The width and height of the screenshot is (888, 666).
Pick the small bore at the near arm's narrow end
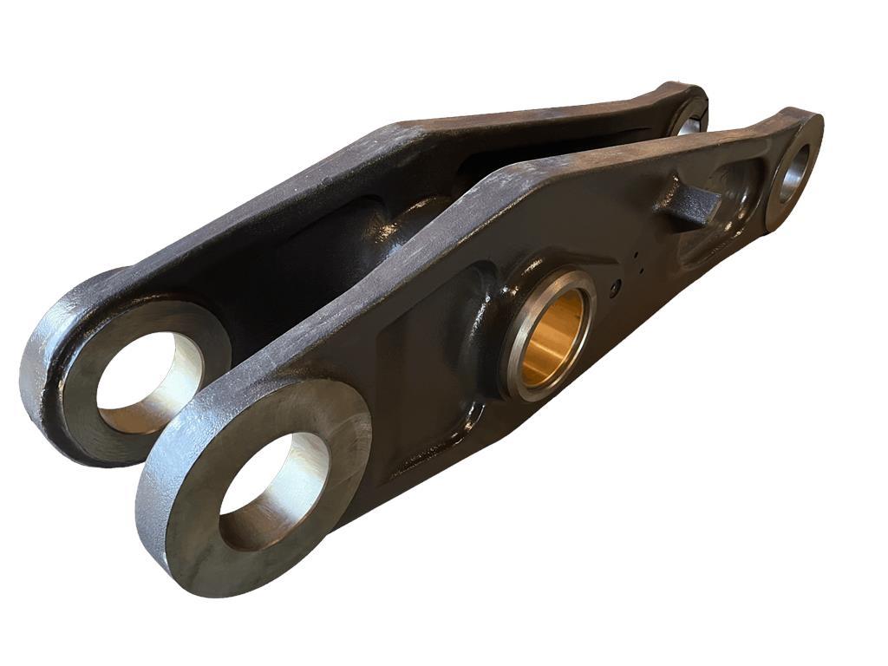791,173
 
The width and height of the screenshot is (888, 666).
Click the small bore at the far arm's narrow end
690,121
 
